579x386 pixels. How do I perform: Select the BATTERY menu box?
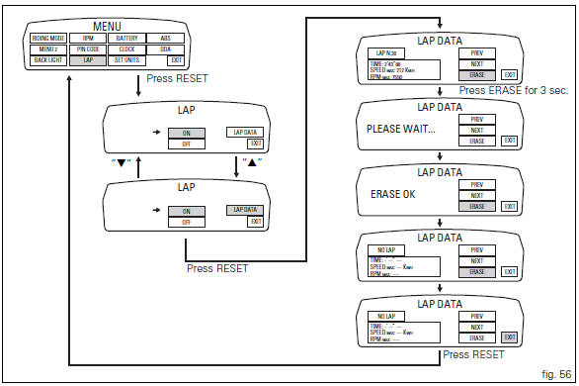[x=127, y=39]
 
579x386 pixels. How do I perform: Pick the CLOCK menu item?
[x=127, y=49]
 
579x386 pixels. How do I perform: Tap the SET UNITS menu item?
[x=127, y=61]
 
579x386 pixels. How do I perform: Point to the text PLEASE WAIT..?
[x=400, y=129]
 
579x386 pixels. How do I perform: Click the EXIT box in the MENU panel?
[x=176, y=61]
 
